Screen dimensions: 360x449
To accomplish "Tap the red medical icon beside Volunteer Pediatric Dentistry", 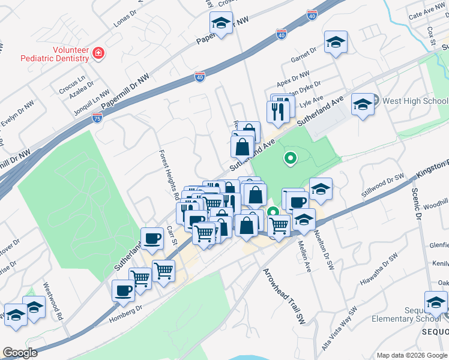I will (x=97, y=55).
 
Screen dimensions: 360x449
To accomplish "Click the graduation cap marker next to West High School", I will (x=363, y=104).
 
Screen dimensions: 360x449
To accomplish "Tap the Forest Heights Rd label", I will (x=169, y=175).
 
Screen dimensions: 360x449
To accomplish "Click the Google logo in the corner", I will (x=20, y=353).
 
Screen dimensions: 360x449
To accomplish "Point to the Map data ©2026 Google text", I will (x=411, y=355).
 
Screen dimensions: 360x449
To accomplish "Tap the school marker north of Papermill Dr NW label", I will (x=221, y=24).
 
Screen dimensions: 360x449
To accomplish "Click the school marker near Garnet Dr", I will (x=336, y=42).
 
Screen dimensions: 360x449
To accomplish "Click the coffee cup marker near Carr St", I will (x=152, y=238).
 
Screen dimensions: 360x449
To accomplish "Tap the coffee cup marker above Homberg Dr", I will (x=123, y=290).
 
